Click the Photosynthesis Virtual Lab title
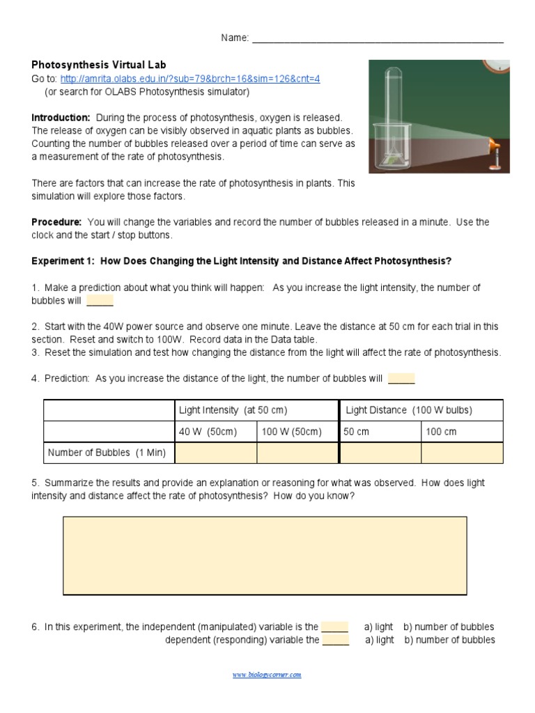pos(99,65)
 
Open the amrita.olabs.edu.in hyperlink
pos(190,79)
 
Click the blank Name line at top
pos(377,39)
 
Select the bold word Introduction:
pos(61,118)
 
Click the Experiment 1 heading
pos(242,261)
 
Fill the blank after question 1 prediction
pos(100,301)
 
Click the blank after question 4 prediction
pos(401,379)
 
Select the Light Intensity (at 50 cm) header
pos(233,410)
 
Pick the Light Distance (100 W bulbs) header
pos(409,410)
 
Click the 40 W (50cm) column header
pos(208,432)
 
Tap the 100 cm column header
pos(442,432)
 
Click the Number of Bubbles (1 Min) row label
pos(107,453)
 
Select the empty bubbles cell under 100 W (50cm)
pos(297,453)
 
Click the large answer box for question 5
pos(265,555)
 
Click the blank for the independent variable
pos(334,627)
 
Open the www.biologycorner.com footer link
pos(267,675)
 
